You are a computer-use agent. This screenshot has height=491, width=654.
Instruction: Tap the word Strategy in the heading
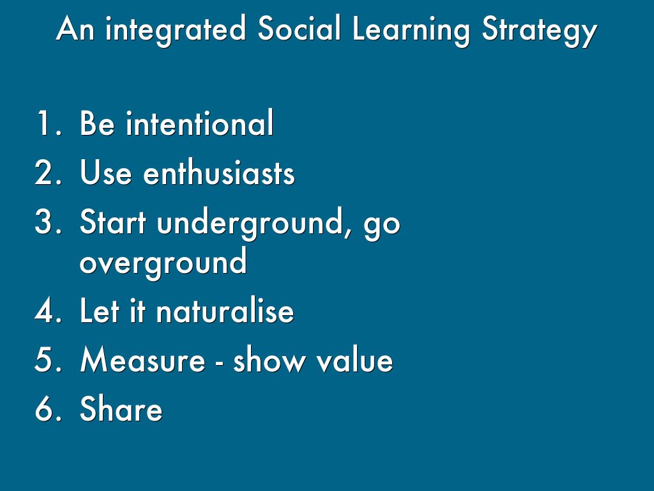[540, 31]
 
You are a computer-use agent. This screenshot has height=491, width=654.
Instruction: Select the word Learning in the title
[411, 31]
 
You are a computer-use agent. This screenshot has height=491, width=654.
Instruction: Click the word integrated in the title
[175, 31]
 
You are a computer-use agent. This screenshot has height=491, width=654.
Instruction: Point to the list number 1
[49, 123]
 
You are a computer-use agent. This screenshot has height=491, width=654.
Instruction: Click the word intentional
[200, 123]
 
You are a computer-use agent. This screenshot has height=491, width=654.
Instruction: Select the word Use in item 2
[105, 172]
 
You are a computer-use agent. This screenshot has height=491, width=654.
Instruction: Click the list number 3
[48, 221]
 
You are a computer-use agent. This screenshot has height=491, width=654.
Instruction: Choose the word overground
[163, 263]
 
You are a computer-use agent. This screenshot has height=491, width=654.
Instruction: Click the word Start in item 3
[112, 221]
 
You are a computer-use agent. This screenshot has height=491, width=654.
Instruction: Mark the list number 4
[48, 310]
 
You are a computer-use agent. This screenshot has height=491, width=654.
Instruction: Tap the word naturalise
[225, 310]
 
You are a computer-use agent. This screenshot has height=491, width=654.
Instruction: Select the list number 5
[48, 359]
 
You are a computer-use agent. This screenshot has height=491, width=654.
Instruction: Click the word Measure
[142, 359]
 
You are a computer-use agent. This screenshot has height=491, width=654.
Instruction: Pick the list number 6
[48, 408]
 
